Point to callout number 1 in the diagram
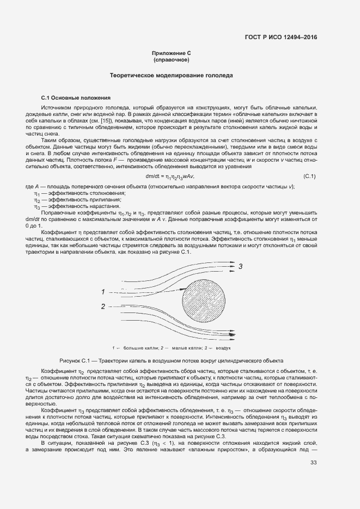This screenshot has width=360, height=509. coord(102,292)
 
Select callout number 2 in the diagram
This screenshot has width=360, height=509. coord(102,307)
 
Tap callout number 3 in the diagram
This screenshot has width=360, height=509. coord(240,266)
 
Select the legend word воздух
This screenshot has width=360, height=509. coord(223,347)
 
